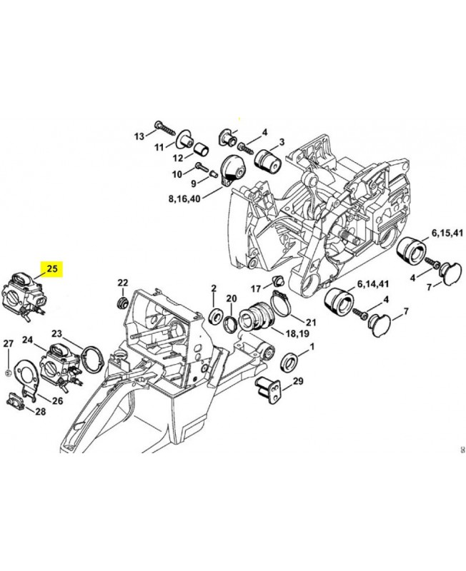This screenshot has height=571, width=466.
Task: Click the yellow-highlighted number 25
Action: pos(52,269)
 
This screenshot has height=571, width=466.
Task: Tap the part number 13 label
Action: pos(139,136)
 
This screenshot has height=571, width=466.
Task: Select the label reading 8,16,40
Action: pos(184,199)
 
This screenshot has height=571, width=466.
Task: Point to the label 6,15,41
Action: pos(447,233)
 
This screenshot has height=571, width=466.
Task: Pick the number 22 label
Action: pos(123,282)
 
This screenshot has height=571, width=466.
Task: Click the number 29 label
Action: pos(298,381)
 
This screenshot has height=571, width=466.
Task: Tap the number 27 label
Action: pos(9,343)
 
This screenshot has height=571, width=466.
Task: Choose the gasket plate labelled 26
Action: pos(26,379)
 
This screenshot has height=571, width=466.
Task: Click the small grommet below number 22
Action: pos(123,302)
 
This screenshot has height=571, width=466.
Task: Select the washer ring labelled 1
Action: pos(290,363)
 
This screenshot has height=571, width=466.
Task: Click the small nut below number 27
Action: pos(8,373)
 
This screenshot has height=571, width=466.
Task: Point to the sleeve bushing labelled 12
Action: pos(202,149)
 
